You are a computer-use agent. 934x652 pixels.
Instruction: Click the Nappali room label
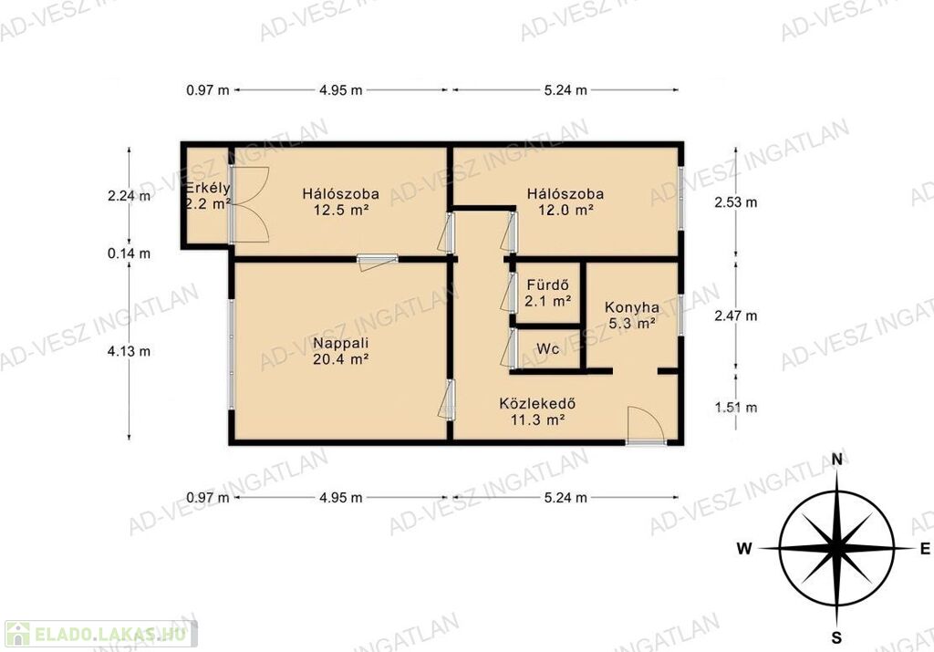[341, 343]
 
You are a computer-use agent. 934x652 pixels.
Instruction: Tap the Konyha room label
[632, 308]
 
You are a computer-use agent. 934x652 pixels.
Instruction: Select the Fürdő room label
[548, 285]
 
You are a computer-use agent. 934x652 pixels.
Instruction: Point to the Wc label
[548, 348]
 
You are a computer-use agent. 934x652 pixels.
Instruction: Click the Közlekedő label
[537, 403]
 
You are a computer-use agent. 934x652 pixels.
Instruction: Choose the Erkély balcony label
[208, 188]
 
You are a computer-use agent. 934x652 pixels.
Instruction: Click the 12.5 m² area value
[341, 210]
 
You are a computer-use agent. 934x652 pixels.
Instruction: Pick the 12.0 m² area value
[566, 210]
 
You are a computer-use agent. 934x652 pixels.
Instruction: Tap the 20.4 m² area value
[341, 359]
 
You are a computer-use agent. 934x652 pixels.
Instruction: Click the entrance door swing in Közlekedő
[646, 425]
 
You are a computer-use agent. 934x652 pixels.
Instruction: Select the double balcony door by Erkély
[250, 205]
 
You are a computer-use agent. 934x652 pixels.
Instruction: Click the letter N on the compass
[837, 459]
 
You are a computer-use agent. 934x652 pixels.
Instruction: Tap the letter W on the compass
[744, 548]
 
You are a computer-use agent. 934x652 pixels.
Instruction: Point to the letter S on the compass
[837, 637]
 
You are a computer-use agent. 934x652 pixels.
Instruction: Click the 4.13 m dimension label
[129, 351]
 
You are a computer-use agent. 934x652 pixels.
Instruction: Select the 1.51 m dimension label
[736, 408]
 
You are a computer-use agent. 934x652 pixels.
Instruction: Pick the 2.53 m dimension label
[736, 202]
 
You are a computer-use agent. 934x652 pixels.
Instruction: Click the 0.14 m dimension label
[129, 254]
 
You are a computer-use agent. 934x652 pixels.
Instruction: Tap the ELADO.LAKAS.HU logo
[100, 634]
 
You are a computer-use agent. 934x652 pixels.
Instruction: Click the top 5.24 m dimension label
[566, 90]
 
